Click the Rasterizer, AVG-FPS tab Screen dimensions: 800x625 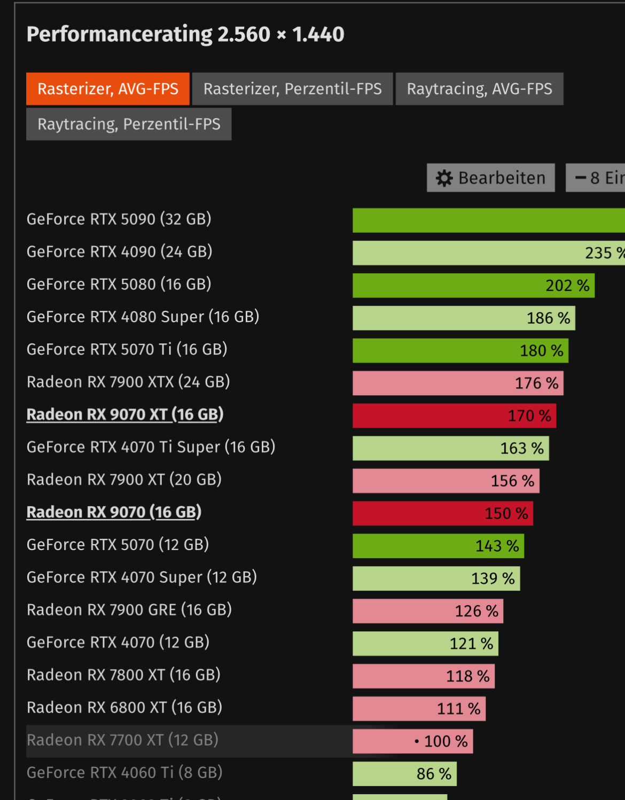coord(108,89)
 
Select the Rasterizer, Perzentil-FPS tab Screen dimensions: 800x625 coord(292,89)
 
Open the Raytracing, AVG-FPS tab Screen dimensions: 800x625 coord(479,89)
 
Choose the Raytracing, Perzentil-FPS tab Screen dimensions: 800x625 coord(129,124)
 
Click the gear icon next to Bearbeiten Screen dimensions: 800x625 coord(444,178)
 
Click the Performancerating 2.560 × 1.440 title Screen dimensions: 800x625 coord(185,35)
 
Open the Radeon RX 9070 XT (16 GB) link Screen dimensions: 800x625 coord(125,414)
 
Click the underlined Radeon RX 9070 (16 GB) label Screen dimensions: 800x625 coord(114,512)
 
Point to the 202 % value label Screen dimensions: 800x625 coord(567,286)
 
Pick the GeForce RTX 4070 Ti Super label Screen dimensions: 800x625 coord(151,447)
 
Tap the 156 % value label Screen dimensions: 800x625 coord(512,481)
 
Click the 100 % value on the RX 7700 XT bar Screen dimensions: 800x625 coord(446,741)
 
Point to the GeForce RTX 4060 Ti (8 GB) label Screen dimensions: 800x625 coord(124,773)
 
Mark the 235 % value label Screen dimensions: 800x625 coord(604,253)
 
